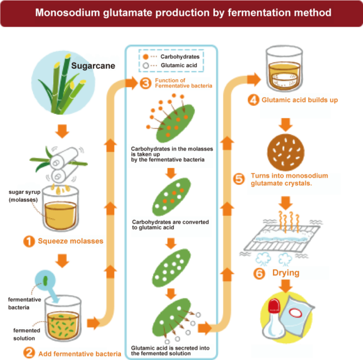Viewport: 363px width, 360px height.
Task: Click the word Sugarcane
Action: [93, 66]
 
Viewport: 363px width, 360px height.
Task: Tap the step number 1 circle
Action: [29, 241]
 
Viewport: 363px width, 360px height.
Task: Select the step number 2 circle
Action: [29, 353]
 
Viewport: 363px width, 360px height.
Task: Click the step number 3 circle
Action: [146, 83]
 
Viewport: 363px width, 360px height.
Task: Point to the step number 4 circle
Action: [254, 100]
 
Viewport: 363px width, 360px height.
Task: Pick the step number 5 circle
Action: [239, 179]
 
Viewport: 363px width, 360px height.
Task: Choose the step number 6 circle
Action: [259, 273]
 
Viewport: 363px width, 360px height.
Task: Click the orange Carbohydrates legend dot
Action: [146, 57]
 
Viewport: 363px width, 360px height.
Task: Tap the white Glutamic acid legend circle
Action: [146, 65]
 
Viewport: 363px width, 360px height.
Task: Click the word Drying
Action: [286, 273]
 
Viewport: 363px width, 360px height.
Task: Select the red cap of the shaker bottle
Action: [274, 305]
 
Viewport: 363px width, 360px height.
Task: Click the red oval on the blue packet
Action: [295, 313]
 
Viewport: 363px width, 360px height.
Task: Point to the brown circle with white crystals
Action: [286, 152]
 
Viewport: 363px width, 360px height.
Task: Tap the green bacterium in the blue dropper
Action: [45, 280]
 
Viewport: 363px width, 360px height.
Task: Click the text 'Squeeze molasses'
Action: [71, 241]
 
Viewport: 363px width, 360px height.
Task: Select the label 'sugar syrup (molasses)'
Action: [24, 196]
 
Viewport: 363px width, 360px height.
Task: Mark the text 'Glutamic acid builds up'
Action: [299, 100]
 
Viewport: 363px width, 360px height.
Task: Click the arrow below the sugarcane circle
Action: [62, 131]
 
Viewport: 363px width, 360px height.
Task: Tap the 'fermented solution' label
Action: [27, 335]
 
